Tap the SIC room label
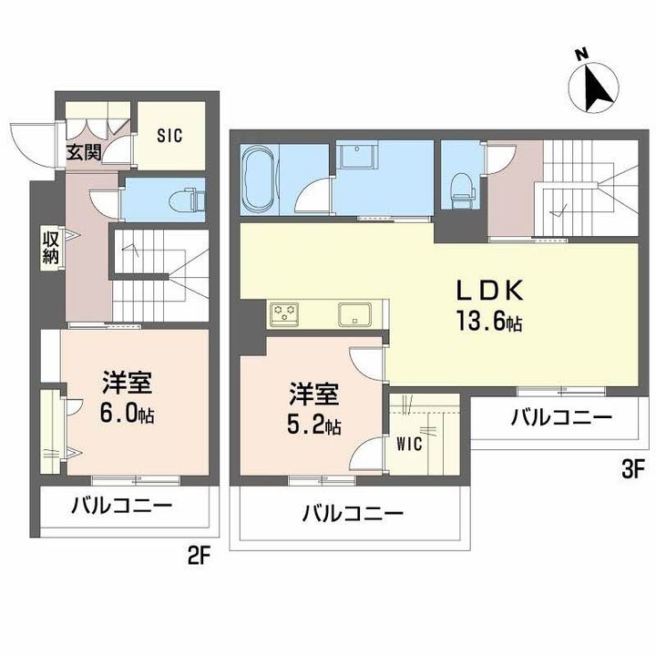click(x=169, y=136)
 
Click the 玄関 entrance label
click(x=85, y=152)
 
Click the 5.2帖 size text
click(x=314, y=425)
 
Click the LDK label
click(x=490, y=291)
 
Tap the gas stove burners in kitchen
click(x=285, y=314)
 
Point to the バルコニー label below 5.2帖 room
click(x=353, y=513)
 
